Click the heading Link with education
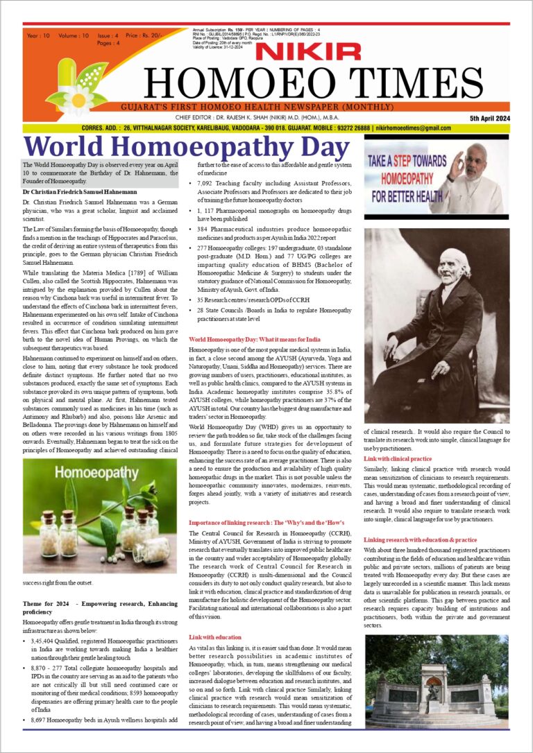tap(215, 637)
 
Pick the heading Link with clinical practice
tap(398, 459)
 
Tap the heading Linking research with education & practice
tap(420, 539)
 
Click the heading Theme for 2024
tap(45, 603)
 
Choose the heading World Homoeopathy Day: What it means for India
tap(255, 339)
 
